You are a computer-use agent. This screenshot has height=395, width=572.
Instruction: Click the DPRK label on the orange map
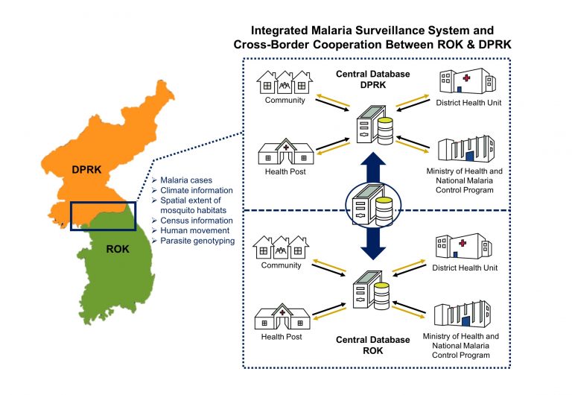[86, 169]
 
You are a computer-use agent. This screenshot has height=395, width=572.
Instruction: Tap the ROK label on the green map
[118, 249]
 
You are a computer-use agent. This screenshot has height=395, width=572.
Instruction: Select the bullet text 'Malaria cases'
[186, 180]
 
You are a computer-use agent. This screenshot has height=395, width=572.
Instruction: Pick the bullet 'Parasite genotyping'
[197, 241]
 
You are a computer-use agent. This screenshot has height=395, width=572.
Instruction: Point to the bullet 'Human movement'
[195, 231]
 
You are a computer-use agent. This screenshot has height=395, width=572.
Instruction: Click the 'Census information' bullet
[197, 221]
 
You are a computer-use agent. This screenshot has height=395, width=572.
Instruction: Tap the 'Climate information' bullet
[197, 190]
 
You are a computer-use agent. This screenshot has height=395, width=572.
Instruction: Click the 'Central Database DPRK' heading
[373, 79]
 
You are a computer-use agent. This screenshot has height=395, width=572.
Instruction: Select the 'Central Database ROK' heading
[373, 345]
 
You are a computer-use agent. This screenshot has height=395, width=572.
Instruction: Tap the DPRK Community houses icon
[285, 83]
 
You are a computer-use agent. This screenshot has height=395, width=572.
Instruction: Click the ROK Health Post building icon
[282, 317]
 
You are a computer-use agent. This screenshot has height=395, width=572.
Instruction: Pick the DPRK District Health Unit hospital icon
[468, 81]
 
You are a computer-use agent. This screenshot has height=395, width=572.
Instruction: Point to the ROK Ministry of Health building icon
[463, 314]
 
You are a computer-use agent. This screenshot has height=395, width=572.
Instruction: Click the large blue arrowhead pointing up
[373, 161]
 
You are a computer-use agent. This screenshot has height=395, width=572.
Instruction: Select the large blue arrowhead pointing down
[373, 251]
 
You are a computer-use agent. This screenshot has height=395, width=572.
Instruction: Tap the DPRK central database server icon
[375, 125]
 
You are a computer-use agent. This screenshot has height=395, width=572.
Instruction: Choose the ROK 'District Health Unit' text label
[465, 268]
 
